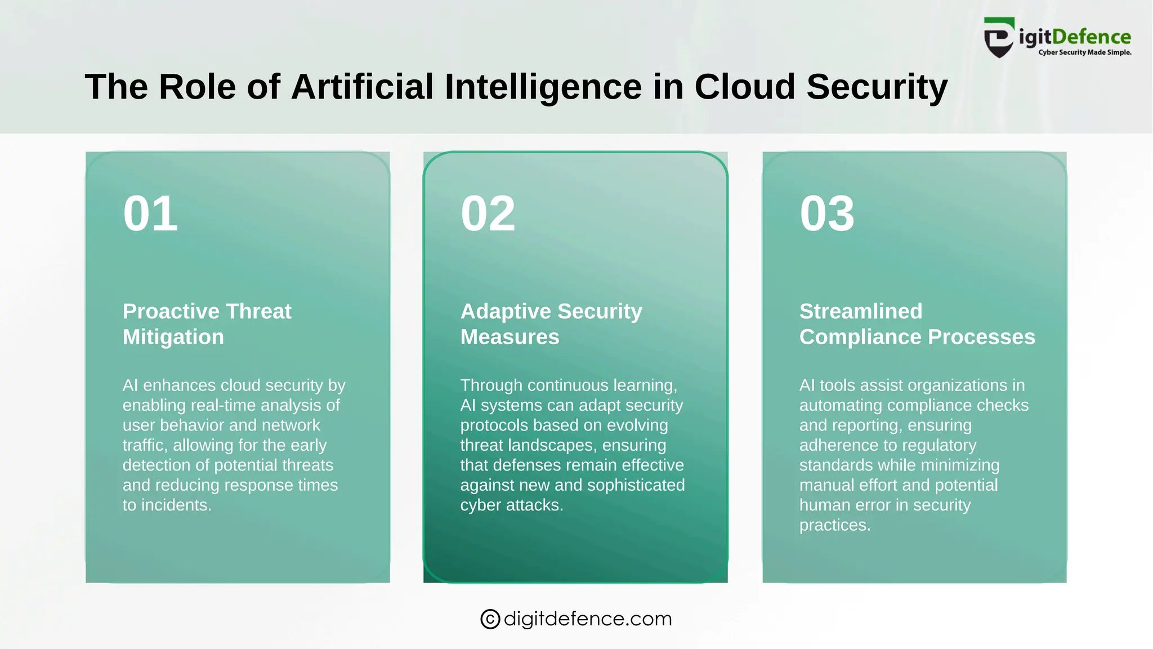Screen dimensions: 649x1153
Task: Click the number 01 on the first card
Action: click(x=150, y=214)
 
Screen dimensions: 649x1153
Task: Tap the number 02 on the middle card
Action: click(x=488, y=214)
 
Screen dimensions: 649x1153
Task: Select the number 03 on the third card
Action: click(x=827, y=214)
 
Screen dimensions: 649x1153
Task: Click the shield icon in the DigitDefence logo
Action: click(x=999, y=38)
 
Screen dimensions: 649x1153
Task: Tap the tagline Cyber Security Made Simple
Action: click(x=1085, y=52)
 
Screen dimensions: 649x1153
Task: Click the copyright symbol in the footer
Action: click(x=490, y=619)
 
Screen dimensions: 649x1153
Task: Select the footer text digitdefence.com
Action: click(x=588, y=619)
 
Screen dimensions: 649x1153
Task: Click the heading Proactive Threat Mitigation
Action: click(x=207, y=324)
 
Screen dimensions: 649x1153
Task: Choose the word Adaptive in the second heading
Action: click(x=506, y=312)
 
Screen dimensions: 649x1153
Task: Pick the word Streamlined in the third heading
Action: click(x=861, y=312)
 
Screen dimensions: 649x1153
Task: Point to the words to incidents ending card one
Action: click(x=167, y=505)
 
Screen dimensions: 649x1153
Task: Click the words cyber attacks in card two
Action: click(x=511, y=505)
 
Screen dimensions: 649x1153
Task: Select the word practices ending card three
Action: click(x=834, y=525)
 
